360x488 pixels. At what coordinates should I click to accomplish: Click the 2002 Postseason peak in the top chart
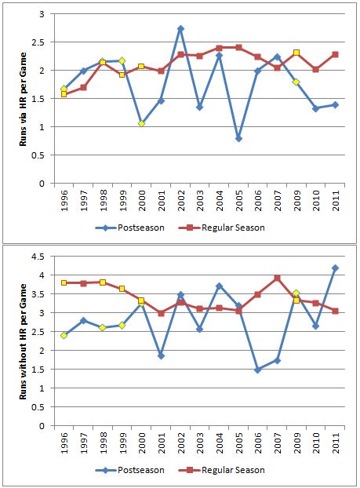(180, 28)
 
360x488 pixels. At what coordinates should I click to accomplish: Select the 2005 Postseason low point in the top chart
(238, 139)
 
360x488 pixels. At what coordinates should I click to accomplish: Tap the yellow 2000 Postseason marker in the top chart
(142, 123)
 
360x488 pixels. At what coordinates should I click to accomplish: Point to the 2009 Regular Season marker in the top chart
(296, 53)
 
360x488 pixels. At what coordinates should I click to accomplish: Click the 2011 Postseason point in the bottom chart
(335, 268)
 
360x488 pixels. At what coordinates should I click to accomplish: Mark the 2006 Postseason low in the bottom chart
(257, 370)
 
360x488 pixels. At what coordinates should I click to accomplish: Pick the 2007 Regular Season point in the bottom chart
(277, 278)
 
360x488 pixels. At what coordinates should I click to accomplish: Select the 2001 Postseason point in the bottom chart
(161, 355)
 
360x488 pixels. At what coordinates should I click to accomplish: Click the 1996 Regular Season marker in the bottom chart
(64, 283)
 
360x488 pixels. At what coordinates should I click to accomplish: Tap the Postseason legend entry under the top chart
(129, 228)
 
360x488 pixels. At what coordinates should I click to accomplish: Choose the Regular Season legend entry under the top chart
(221, 228)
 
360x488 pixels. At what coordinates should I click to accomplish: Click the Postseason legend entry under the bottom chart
(129, 470)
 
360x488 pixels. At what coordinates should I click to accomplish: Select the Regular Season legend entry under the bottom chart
(221, 470)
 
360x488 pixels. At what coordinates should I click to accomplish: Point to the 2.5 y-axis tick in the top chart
(38, 42)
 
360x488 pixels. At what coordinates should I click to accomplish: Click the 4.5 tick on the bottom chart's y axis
(38, 257)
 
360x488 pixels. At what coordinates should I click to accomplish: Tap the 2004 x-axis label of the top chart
(220, 200)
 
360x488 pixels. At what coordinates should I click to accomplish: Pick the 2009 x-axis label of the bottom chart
(297, 442)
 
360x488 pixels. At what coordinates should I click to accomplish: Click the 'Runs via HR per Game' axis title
(23, 100)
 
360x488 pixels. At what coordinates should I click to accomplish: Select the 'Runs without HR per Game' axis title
(23, 341)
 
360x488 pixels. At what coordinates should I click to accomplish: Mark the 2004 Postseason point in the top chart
(220, 56)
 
